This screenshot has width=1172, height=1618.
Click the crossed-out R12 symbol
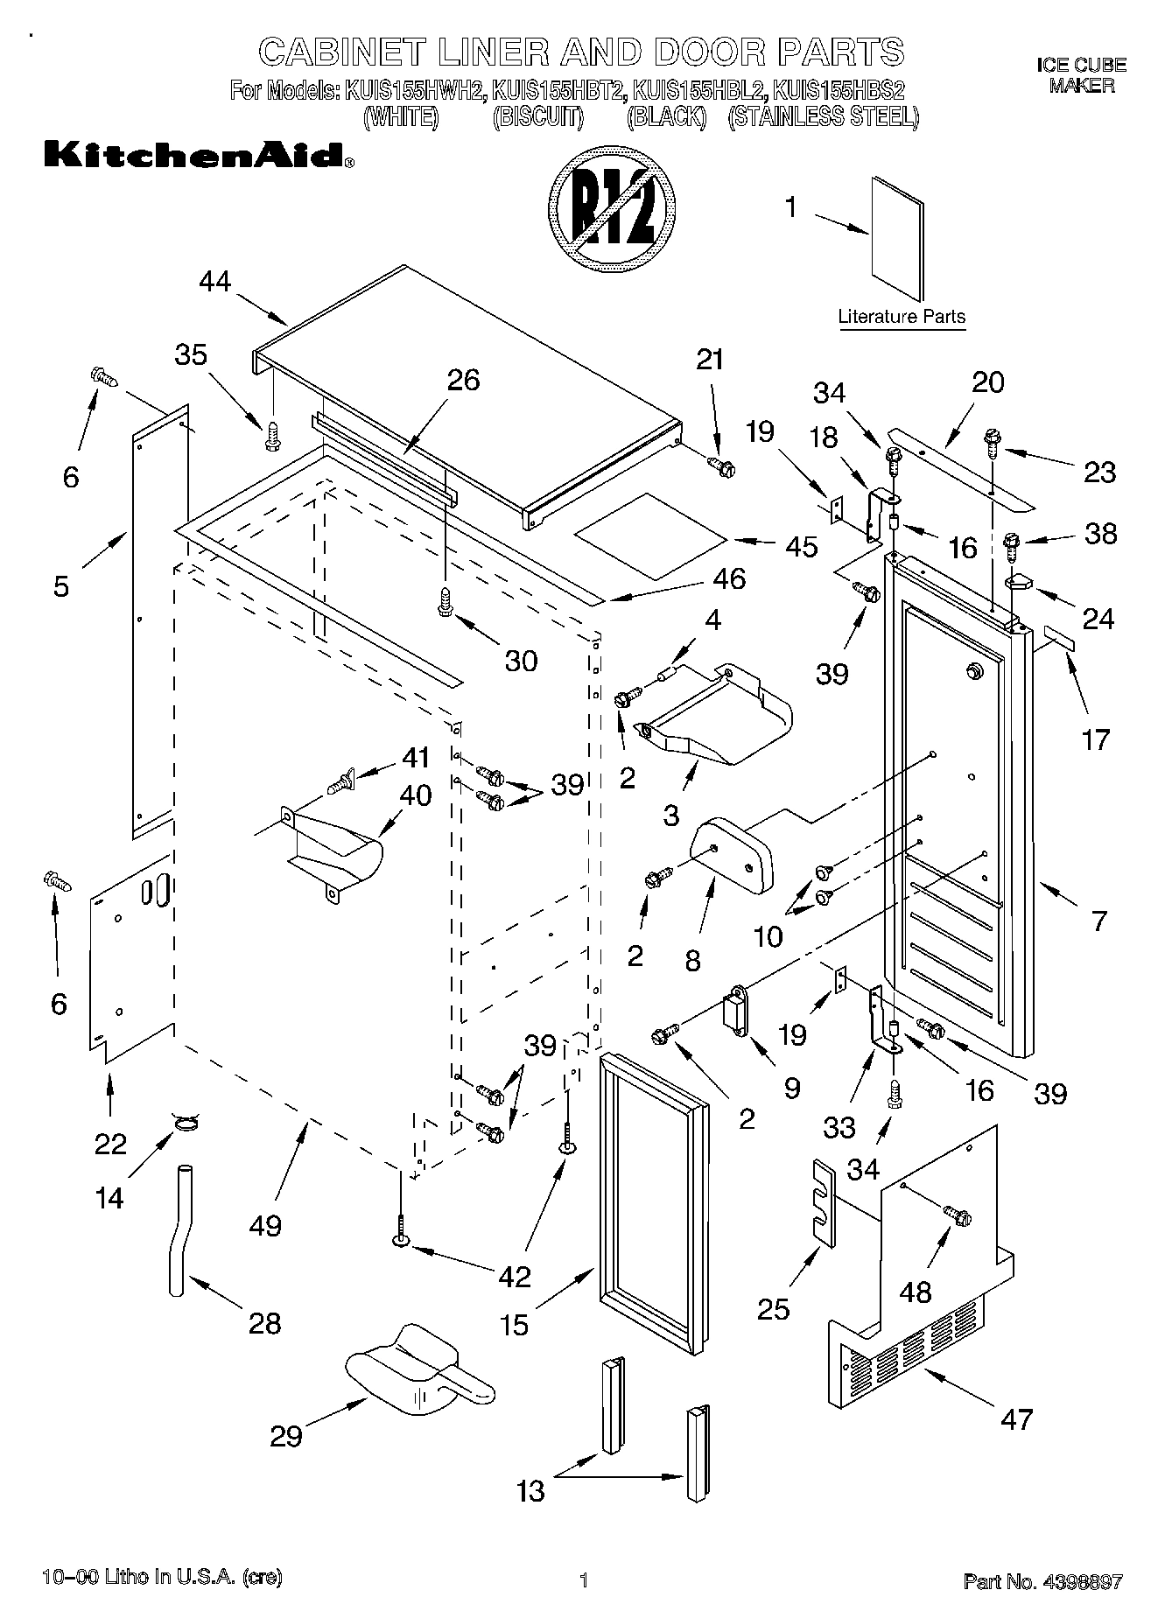tap(613, 214)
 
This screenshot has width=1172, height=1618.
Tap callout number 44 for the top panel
tap(214, 281)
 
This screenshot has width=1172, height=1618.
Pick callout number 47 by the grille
tap(1016, 1418)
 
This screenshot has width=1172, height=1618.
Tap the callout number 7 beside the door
tap(1099, 921)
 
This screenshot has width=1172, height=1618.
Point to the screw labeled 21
tap(722, 465)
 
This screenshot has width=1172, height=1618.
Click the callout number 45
tap(802, 546)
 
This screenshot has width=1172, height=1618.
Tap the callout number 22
tap(110, 1144)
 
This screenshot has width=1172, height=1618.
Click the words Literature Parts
tap(902, 317)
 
